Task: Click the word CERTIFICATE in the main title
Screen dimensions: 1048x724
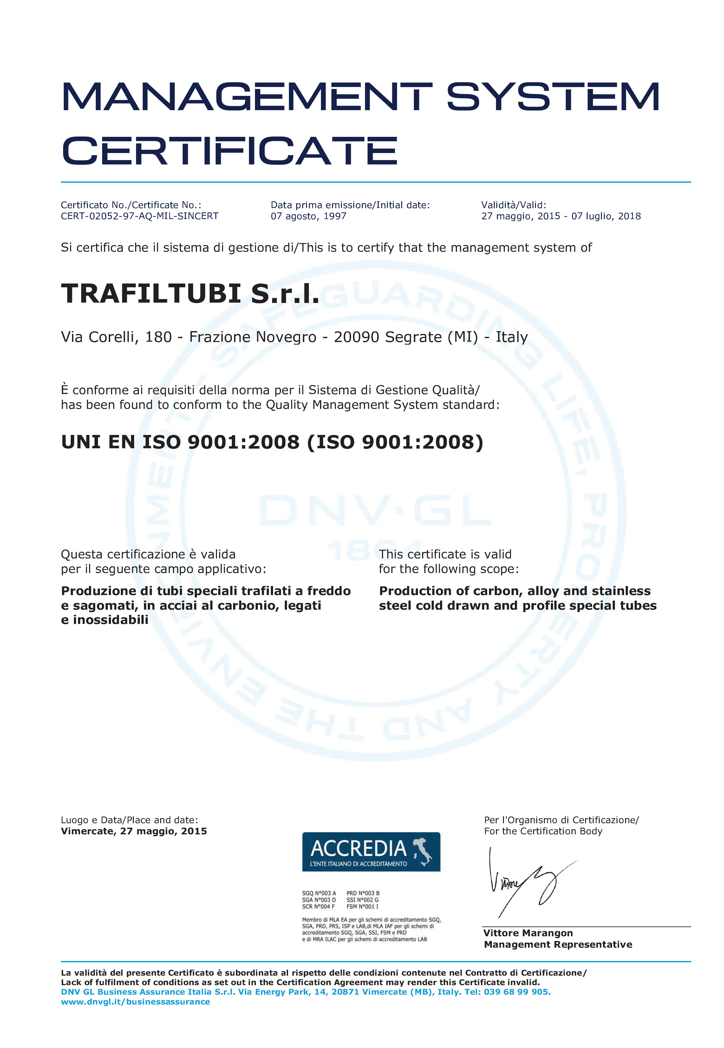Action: point(229,151)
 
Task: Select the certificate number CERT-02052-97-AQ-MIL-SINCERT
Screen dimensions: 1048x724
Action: point(139,216)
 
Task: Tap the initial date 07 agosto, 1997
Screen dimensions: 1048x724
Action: point(309,216)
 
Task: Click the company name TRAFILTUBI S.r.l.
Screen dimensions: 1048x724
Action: point(190,293)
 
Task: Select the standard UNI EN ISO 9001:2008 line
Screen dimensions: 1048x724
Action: point(272,442)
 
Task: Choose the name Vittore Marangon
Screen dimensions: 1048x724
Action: point(528,933)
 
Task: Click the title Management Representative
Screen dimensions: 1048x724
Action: point(558,945)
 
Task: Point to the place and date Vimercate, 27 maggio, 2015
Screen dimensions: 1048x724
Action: point(134,831)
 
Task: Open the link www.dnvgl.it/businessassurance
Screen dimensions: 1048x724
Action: point(135,1002)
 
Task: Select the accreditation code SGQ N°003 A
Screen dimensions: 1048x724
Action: point(319,893)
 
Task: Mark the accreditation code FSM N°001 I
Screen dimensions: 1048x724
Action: point(362,907)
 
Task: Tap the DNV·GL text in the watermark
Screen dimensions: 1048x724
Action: point(375,511)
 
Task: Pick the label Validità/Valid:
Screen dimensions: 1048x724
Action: point(513,205)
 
